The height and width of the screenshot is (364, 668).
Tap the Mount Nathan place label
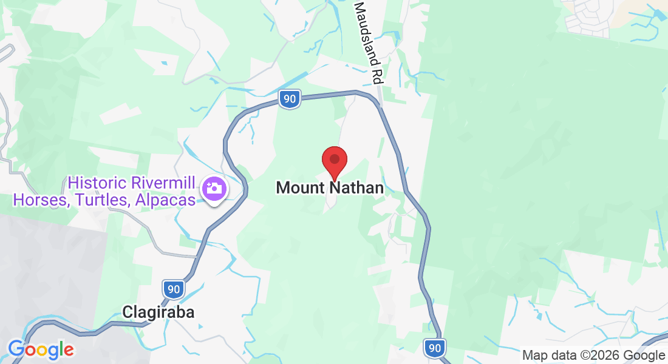click(x=330, y=188)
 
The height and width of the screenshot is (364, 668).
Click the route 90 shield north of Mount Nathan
click(x=291, y=99)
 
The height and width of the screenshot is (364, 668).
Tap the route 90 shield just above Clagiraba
click(x=174, y=289)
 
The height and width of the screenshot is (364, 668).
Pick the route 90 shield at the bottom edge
click(x=434, y=348)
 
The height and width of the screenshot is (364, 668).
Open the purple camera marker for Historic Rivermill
click(x=214, y=188)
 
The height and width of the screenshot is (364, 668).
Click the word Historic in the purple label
click(x=97, y=182)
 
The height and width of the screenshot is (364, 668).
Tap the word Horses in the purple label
click(x=35, y=199)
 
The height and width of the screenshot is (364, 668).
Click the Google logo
click(x=41, y=350)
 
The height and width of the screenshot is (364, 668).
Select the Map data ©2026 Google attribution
click(x=593, y=356)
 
